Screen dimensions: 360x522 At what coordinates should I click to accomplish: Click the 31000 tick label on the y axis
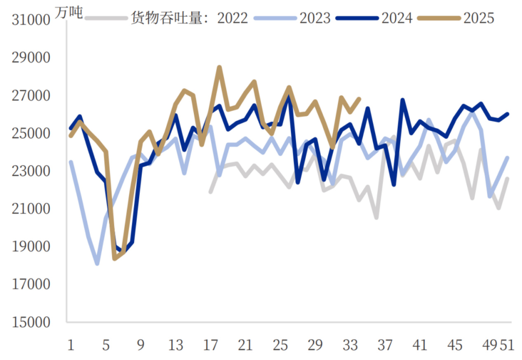tap(31, 19)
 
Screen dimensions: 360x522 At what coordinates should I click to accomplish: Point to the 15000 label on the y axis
tap(31, 322)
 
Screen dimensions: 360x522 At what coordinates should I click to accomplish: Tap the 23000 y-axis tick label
tap(31, 171)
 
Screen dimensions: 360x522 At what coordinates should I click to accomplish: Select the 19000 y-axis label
tap(31, 247)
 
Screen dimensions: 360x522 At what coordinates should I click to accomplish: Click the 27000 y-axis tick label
tap(31, 95)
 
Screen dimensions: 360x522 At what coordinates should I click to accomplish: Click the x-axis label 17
tap(211, 345)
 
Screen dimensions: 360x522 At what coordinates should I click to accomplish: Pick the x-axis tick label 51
tap(507, 345)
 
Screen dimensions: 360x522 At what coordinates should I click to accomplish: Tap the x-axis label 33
tap(350, 345)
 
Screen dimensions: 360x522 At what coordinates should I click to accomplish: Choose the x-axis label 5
tap(106, 345)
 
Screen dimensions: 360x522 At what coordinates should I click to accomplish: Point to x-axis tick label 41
tap(420, 345)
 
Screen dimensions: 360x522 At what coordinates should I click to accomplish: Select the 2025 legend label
tap(478, 18)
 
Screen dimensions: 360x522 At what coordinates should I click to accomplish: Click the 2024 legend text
tap(397, 18)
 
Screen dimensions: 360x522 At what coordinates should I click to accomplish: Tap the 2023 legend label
tap(315, 18)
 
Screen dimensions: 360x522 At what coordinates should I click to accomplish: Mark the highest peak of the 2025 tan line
tap(219, 67)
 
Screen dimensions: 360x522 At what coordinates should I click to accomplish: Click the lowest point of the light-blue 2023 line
tap(97, 263)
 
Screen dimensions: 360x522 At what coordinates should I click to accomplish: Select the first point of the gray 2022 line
tap(210, 192)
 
